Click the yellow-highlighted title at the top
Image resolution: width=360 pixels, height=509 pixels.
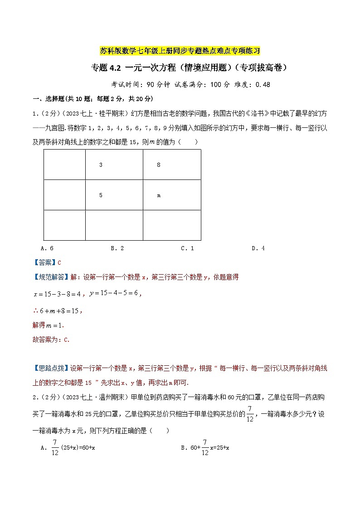point(180,50)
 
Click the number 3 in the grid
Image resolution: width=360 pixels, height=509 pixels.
point(101,165)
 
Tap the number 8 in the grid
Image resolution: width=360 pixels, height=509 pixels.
point(159,165)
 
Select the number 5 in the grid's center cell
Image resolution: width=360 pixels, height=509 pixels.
point(101,195)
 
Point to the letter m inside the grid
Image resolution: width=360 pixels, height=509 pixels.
point(159,196)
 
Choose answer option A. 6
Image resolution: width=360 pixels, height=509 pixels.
point(47,248)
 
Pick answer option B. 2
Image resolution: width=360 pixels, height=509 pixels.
point(117,248)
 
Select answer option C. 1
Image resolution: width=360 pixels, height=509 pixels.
point(187,248)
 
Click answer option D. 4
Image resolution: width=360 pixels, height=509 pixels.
point(258,248)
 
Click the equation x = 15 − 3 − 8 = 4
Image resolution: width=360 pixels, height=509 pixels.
point(57,294)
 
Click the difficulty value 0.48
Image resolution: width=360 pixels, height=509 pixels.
point(263,84)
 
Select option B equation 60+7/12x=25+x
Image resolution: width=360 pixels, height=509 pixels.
point(205,448)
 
